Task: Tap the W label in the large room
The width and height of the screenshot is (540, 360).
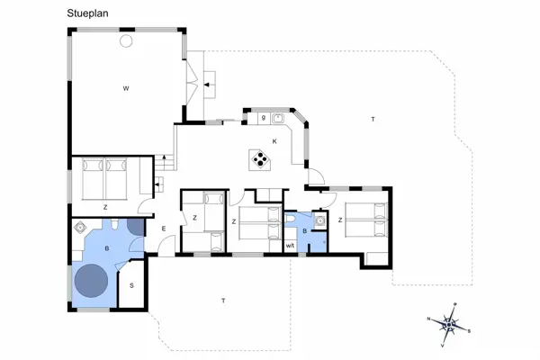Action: coord(127,88)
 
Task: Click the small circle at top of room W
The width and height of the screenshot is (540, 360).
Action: coord(127,40)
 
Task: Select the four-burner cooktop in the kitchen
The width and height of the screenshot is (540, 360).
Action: coord(260,160)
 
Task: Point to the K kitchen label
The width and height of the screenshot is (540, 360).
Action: coord(274,141)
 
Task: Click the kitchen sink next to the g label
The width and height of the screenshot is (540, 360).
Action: coord(278,118)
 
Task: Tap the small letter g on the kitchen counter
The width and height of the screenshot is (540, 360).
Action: coord(263,118)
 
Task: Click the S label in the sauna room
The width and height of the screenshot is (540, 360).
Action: coord(131,285)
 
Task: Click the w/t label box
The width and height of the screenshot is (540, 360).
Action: coord(290,245)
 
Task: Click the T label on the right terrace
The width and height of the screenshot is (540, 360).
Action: coord(372,119)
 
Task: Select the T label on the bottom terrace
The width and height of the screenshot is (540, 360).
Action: coord(222,300)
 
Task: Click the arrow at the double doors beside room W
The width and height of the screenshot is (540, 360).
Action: coord(208,85)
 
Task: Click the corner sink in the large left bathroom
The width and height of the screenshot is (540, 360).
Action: coord(81,229)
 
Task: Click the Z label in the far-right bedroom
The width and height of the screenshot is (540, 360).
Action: coord(339,219)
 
